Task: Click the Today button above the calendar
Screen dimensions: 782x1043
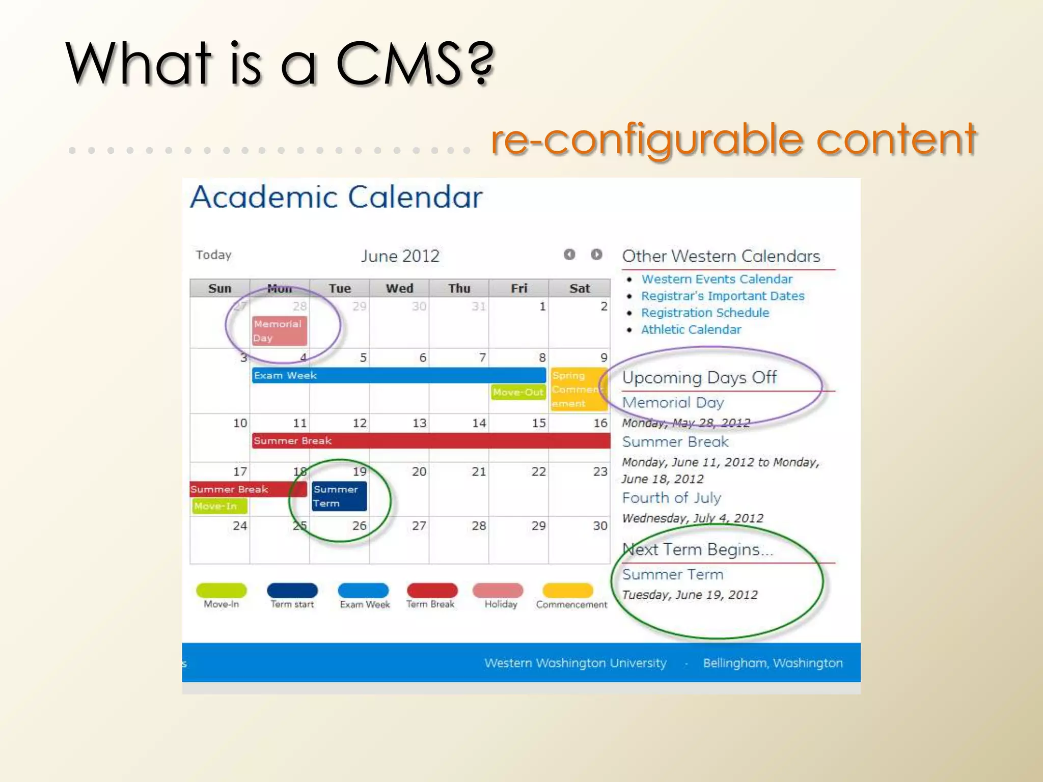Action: [x=214, y=255]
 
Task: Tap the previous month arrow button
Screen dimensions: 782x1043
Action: [x=569, y=254]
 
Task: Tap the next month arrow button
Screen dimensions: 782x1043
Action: [x=596, y=254]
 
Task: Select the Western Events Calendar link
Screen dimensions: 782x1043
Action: [x=717, y=279]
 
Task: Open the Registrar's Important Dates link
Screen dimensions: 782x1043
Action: [x=723, y=296]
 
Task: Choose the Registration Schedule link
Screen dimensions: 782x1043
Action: [x=705, y=313]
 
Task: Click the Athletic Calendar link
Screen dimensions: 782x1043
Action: [x=691, y=329]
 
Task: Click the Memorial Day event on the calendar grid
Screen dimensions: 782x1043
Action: [x=279, y=330]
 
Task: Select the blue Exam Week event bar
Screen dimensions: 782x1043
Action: [x=398, y=375]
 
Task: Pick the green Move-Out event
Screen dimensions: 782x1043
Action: [x=518, y=392]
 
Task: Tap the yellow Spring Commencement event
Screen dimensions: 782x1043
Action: [x=579, y=389]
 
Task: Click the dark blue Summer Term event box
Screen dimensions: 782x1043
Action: [x=339, y=496]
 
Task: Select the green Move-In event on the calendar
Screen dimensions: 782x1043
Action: [x=219, y=506]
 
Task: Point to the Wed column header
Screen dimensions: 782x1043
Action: [x=399, y=288]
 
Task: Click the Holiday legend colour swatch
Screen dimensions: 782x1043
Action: [x=498, y=590]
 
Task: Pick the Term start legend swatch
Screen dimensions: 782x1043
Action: [x=292, y=590]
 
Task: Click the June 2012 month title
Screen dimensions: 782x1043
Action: [x=400, y=256]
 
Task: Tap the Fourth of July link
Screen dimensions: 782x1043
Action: [x=672, y=497]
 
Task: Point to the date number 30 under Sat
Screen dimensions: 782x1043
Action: [x=600, y=525]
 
